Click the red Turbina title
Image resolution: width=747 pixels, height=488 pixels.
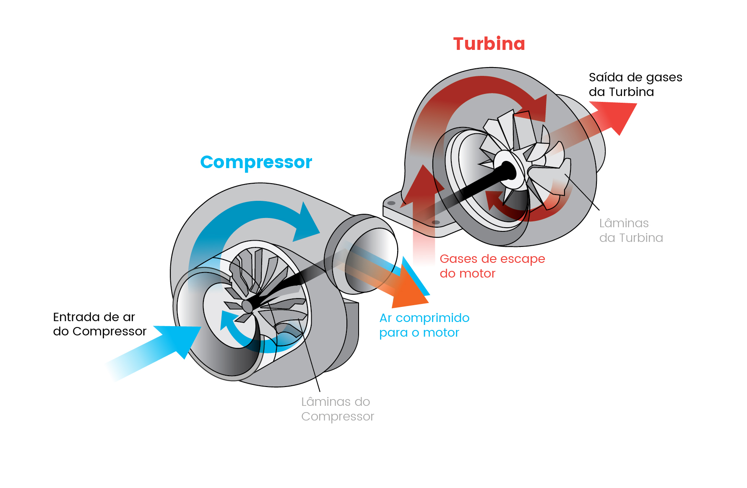[x=489, y=44]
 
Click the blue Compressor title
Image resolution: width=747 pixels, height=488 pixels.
[x=256, y=162]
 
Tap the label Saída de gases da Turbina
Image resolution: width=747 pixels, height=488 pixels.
[x=635, y=84]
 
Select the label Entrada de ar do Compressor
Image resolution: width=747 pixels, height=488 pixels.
[x=99, y=324]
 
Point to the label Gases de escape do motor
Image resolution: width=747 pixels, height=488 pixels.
[x=492, y=266]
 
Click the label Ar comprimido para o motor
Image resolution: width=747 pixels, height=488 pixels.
[x=424, y=325]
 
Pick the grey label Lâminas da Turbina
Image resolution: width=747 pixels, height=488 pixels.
[x=631, y=231]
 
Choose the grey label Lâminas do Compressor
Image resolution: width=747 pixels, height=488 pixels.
[x=337, y=409]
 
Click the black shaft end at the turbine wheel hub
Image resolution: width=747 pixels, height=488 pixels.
[x=508, y=171]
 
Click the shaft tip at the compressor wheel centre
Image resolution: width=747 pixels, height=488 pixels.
[x=248, y=306]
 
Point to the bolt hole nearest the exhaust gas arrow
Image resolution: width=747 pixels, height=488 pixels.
[x=436, y=222]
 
